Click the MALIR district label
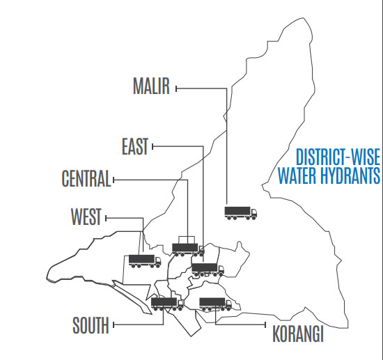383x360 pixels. coord(152,86)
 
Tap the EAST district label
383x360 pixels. coord(135,146)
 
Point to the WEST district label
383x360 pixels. coord(86,217)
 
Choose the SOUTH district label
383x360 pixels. coord(91,324)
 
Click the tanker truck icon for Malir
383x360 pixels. coord(240,212)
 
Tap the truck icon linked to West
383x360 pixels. coord(145,261)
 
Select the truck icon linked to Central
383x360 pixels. coord(187,248)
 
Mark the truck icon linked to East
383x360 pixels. coord(208,269)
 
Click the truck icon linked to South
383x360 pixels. coord(167,304)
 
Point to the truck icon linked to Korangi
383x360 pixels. coord(215,304)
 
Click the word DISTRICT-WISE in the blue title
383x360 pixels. coord(337,157)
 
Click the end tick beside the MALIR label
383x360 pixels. coord(177,88)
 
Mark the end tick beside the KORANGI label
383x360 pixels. coord(267,324)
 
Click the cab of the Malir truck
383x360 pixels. coord(253,212)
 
